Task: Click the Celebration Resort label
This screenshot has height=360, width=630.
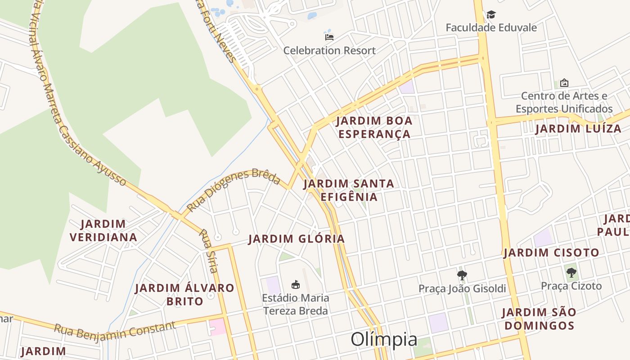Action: coord(329,50)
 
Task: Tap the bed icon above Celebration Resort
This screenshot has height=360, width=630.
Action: coord(329,37)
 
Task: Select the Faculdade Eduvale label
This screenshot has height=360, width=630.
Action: coord(491,27)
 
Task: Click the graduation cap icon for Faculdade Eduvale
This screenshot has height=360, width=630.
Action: coord(491,15)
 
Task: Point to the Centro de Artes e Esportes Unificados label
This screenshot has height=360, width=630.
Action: coord(564,102)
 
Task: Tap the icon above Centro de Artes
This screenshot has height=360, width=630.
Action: coord(564,83)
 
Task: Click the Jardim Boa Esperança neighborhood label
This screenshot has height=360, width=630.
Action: coord(374,127)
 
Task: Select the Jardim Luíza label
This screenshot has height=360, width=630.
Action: coord(578,129)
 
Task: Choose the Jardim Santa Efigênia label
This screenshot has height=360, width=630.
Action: coord(349,190)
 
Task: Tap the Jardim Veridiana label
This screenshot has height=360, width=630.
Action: coord(103,230)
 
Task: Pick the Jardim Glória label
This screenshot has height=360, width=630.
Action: coord(297,239)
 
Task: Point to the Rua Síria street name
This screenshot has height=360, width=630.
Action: coord(209,251)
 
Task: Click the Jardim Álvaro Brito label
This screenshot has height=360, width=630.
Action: coord(185,294)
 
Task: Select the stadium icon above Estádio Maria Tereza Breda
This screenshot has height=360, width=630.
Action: coord(296,284)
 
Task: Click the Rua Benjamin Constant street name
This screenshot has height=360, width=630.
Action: coord(115,330)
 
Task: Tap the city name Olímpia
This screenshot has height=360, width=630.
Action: coord(384,339)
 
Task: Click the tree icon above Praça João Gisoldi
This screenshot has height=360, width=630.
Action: coord(462,275)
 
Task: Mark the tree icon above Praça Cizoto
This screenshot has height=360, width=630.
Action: coord(571,272)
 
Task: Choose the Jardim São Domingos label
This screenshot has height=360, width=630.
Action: coord(539,319)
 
